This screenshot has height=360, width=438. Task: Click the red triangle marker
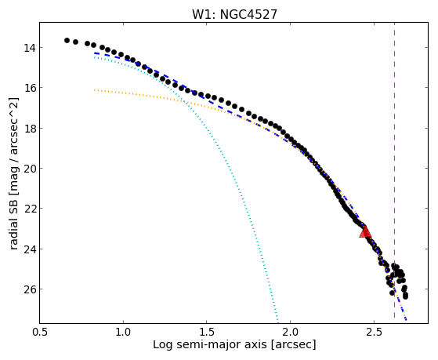coord(365,232)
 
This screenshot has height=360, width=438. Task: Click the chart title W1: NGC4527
coord(234,15)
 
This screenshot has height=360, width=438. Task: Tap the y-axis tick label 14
coord(29,48)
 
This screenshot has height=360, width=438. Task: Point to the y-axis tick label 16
coord(29,88)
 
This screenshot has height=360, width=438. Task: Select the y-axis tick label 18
coord(29,129)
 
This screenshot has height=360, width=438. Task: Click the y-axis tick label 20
coord(29,169)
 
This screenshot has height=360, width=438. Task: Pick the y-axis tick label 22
coord(29,209)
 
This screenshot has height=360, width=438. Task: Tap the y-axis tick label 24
coord(29,249)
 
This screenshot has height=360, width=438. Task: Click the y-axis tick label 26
coord(29,289)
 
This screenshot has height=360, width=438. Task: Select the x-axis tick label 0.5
coord(40,332)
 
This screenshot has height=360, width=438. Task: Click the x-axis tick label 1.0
coord(123,332)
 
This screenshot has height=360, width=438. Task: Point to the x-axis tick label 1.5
coord(207,332)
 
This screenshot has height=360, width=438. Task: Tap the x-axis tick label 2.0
coord(291,332)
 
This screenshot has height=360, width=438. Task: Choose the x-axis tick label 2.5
coord(374,332)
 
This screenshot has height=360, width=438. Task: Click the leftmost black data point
coord(67,41)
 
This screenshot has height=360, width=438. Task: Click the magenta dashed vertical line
coord(394,170)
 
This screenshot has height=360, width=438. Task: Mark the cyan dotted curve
coord(224,158)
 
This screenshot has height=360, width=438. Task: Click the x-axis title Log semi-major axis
coord(210,345)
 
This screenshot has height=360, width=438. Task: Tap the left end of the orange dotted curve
coord(95,90)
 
